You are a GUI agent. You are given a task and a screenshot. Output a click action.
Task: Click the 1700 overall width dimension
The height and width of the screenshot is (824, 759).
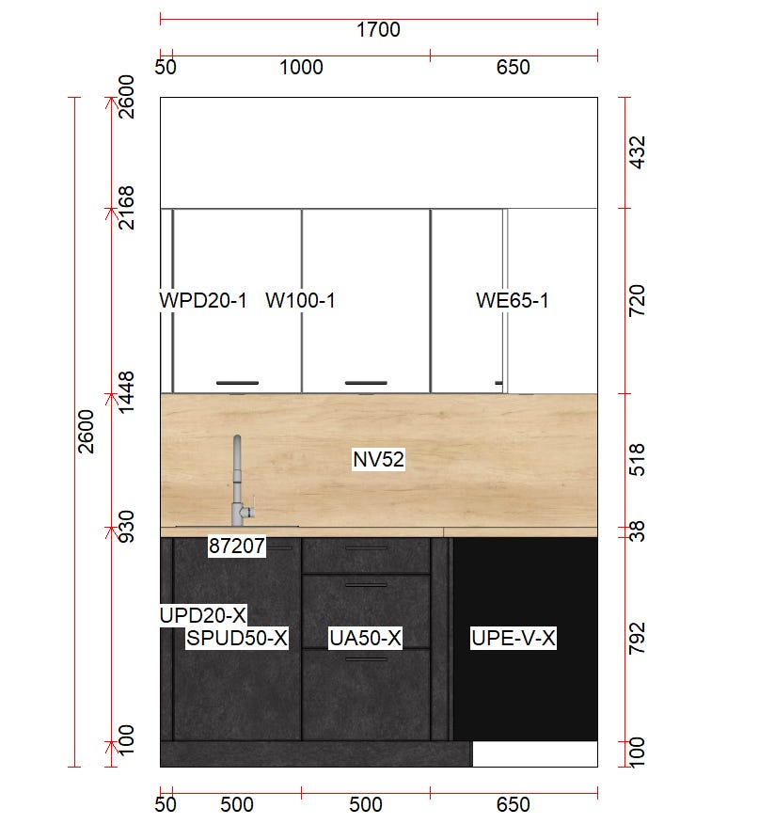(x=378, y=30)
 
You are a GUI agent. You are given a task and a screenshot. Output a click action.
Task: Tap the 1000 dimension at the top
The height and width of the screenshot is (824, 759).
(x=301, y=68)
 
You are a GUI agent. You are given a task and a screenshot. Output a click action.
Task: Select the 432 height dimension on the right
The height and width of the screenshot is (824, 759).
(x=637, y=153)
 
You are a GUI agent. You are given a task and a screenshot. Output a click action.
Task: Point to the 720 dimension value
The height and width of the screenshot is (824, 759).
(x=637, y=301)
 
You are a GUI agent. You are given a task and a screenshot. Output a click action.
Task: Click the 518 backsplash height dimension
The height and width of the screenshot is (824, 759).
(x=637, y=460)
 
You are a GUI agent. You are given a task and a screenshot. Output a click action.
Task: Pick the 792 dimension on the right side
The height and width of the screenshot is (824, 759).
(x=637, y=639)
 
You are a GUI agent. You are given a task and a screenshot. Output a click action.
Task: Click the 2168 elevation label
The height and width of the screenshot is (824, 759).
(x=126, y=208)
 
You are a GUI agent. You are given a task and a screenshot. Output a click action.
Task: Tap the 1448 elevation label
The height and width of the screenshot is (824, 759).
(x=126, y=392)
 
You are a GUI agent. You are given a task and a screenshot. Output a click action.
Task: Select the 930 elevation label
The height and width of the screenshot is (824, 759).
(x=126, y=527)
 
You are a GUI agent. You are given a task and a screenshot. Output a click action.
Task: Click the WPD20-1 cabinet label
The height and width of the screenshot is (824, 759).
(x=203, y=301)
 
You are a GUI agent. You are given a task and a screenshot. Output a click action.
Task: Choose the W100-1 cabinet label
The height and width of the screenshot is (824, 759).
(x=300, y=301)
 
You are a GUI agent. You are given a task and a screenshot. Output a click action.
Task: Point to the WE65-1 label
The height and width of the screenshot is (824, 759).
(x=513, y=301)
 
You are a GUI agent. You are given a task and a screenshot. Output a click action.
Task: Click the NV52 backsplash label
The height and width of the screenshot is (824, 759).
(x=378, y=460)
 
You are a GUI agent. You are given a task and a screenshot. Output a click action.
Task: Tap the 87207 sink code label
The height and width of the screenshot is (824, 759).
(x=236, y=546)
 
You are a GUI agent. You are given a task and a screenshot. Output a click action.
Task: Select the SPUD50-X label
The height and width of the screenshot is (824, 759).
(x=237, y=639)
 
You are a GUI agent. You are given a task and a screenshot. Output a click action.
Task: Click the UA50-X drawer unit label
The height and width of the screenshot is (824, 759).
(x=365, y=639)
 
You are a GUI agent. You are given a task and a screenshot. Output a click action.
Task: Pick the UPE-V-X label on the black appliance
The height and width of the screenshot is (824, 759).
(x=513, y=639)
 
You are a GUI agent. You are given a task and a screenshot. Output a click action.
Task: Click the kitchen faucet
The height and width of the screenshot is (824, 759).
(x=238, y=481)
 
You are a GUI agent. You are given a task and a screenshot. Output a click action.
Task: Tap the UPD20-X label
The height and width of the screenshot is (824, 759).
(x=203, y=615)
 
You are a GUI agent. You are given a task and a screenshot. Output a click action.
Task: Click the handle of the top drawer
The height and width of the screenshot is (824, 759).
(x=366, y=548)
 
